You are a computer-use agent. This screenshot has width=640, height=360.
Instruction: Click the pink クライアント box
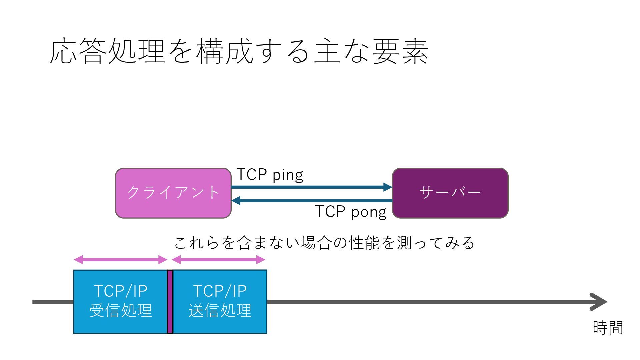(173, 193)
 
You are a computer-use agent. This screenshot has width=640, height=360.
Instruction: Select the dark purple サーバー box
(450, 193)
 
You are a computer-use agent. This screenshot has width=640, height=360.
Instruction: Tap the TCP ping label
(270, 175)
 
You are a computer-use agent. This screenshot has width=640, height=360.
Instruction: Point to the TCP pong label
(350, 212)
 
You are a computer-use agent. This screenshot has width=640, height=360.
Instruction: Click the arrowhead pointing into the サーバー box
(388, 187)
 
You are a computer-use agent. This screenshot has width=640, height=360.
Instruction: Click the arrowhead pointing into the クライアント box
(236, 201)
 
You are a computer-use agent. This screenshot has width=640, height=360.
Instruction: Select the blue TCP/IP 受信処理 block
(120, 301)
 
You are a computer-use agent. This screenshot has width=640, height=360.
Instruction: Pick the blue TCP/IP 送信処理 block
(220, 301)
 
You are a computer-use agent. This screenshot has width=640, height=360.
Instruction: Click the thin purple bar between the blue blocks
(170, 301)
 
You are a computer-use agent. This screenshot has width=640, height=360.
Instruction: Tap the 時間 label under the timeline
(608, 328)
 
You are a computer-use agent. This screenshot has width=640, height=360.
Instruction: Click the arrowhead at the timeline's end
(600, 302)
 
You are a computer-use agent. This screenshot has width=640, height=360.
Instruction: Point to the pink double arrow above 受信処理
(120, 260)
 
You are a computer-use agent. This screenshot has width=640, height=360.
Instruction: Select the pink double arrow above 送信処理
(218, 260)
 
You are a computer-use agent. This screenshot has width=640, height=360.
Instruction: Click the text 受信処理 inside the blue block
(121, 311)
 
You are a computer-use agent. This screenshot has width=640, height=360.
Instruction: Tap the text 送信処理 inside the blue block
(220, 311)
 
